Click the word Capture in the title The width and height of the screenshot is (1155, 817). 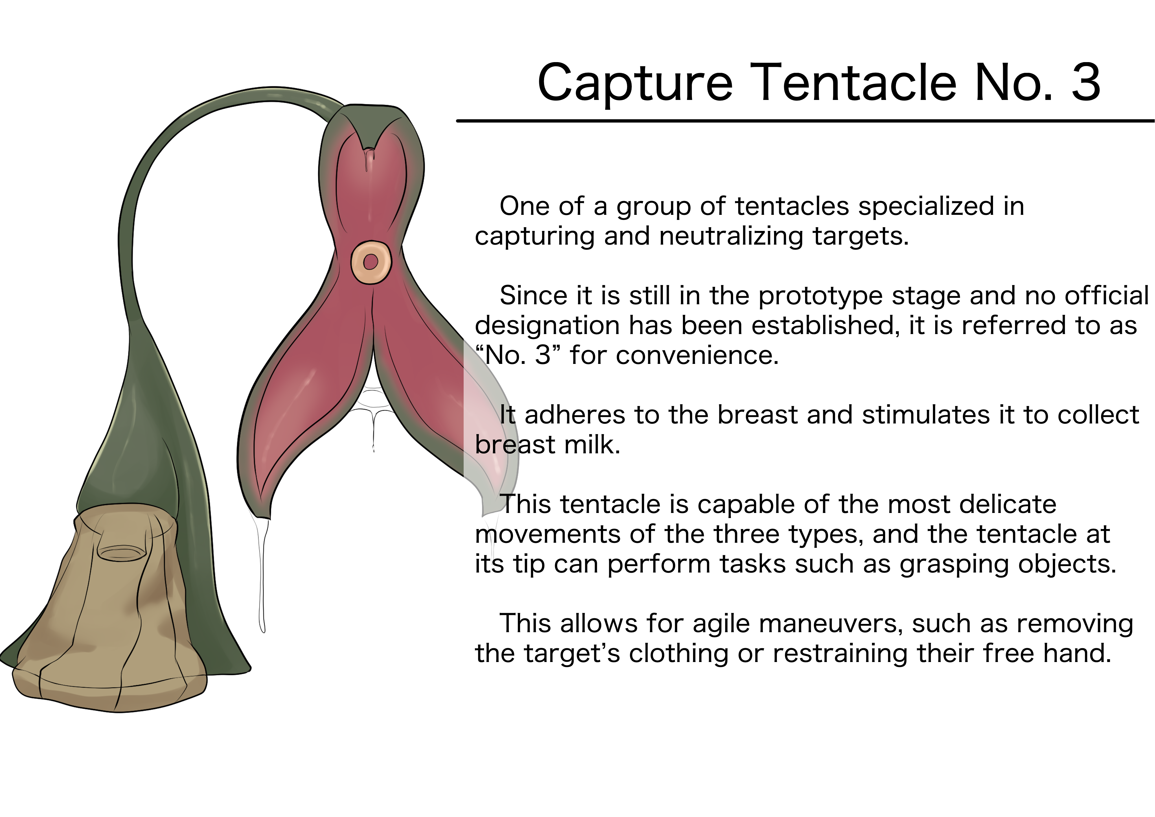coord(635,83)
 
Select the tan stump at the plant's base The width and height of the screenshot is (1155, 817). coord(108,609)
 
